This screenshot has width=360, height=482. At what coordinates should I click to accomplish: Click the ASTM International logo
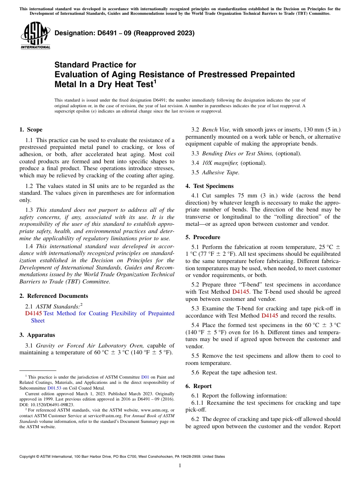point(35,35)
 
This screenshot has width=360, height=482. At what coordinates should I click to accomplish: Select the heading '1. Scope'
point(31,130)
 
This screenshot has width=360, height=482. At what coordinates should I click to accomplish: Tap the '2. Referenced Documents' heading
point(53,296)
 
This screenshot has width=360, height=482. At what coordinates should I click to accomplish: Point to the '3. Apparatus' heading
point(37,335)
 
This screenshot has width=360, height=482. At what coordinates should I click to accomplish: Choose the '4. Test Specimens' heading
point(210,186)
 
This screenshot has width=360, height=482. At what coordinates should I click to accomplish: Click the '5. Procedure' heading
point(203,237)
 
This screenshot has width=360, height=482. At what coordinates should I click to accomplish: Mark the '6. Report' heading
point(199,386)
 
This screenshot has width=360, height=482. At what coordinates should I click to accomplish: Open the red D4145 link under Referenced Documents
point(33,313)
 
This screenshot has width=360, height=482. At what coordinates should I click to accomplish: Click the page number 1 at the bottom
point(180,465)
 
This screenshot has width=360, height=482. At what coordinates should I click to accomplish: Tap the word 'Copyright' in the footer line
point(28,457)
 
